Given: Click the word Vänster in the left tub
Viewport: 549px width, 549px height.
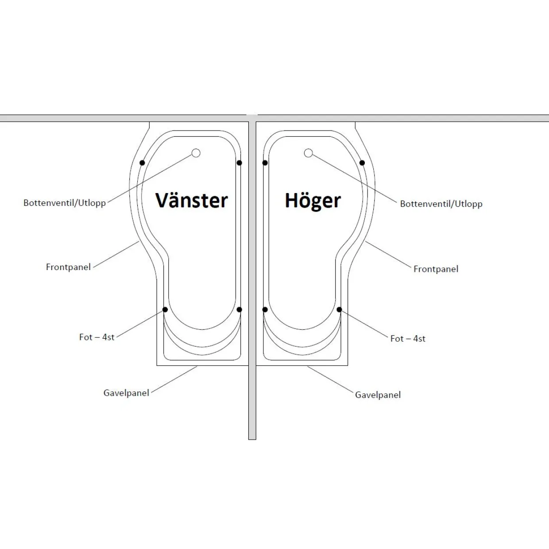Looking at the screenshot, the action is coord(191,200).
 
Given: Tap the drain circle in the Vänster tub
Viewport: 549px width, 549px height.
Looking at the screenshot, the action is coord(196,153).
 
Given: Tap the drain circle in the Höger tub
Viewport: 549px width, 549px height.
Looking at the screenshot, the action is coord(308,153).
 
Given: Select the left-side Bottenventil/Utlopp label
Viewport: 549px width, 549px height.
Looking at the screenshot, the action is coord(65,203).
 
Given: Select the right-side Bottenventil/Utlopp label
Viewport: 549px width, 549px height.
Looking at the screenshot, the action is coord(441,204).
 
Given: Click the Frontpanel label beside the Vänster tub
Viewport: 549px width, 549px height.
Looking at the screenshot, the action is coord(68,267).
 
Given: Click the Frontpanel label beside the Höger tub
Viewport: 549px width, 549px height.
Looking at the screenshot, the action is coord(436,269).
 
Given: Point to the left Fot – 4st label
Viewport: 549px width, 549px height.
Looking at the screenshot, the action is coord(97,337).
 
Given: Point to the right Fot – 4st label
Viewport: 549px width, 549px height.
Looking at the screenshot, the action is coord(408,338).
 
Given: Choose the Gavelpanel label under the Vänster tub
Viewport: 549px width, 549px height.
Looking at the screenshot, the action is coord(126,393).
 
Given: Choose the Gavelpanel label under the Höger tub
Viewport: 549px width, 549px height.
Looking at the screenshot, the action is coord(378,395).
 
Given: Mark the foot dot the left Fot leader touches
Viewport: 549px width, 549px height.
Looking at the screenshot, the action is coord(165,309).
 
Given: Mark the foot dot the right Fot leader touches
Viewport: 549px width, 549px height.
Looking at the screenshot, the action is coord(339,309).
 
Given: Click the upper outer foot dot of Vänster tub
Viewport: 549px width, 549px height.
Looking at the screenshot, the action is coord(142,162).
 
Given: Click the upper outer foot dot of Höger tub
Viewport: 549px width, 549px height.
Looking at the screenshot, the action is coord(362,162).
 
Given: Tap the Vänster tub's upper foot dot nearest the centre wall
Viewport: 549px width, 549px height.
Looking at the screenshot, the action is coord(240,162).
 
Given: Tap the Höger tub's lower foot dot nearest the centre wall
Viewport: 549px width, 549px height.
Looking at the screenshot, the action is coord(265,309).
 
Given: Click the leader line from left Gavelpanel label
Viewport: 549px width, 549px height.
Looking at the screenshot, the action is coord(174,379).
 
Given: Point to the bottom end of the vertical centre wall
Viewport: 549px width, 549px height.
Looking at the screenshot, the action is coord(252,439).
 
